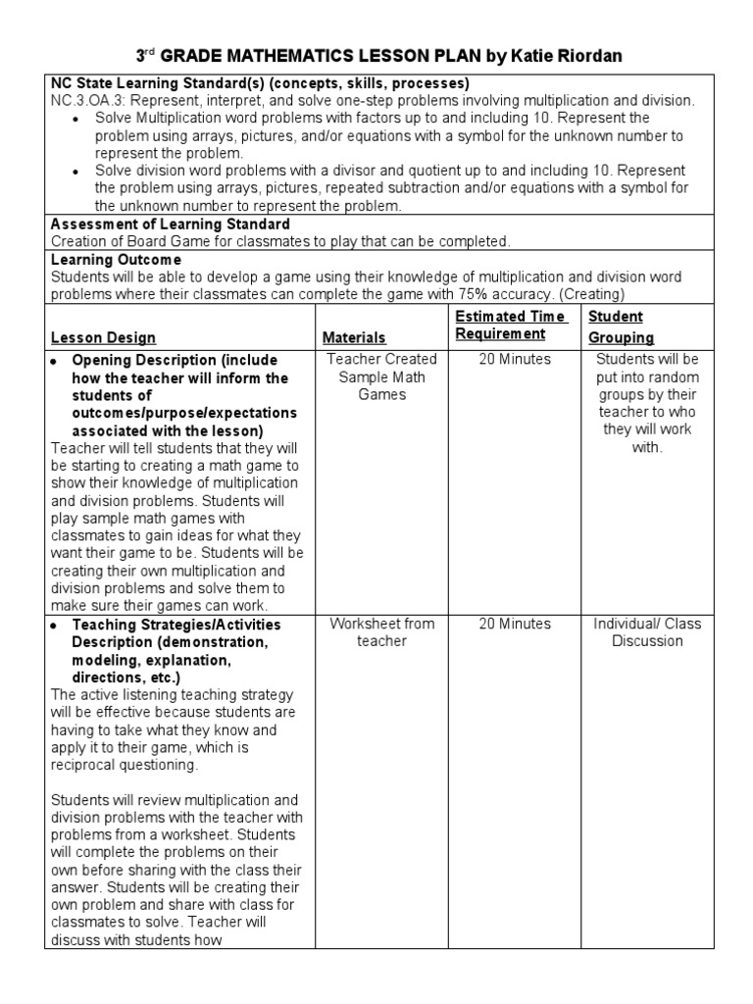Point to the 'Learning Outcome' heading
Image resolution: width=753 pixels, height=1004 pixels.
click(116, 259)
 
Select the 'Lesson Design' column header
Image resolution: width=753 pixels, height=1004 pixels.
click(97, 337)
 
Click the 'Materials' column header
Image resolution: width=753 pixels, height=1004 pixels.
click(354, 337)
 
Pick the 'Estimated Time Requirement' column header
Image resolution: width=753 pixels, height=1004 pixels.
click(510, 326)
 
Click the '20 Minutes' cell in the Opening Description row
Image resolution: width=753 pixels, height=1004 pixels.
click(515, 360)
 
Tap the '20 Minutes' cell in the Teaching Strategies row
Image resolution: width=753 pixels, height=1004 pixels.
click(515, 624)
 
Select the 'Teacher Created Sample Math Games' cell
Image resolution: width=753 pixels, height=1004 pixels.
click(381, 377)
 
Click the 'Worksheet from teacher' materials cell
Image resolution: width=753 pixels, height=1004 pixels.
click(381, 632)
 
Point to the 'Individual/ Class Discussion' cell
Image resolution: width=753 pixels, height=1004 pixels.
click(647, 632)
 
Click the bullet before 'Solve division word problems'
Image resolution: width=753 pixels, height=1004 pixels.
click(76, 172)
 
